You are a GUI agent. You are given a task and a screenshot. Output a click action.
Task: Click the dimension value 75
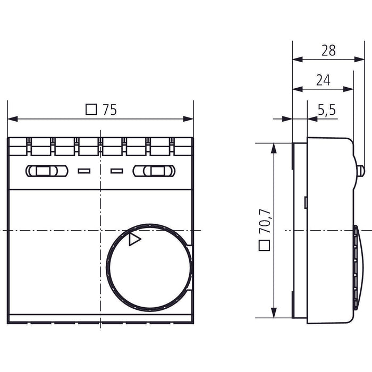tap(109, 110)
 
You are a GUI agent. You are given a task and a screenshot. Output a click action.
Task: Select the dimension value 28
tap(328, 50)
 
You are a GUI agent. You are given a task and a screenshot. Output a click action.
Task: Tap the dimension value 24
tap(323, 80)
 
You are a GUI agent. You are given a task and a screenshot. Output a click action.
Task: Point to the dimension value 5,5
tap(326, 110)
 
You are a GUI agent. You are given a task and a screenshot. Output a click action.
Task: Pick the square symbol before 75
tap(91, 110)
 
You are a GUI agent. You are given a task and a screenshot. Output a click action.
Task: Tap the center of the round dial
tap(149, 267)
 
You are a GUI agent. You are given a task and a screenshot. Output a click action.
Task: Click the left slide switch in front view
tap(46, 171)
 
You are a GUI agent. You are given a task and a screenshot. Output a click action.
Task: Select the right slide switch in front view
tap(154, 171)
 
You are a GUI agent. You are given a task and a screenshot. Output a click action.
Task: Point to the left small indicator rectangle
tap(83, 171)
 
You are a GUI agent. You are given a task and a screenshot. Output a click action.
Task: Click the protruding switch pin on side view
tap(361, 171)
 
